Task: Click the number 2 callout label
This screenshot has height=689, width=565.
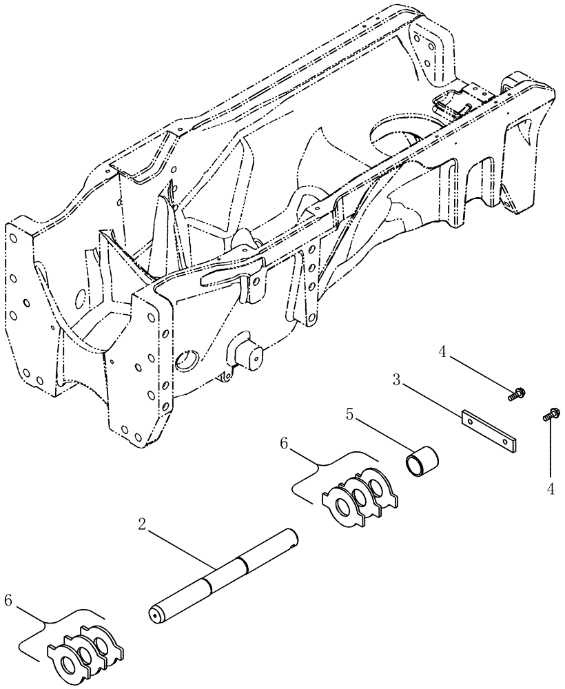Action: (x=141, y=526)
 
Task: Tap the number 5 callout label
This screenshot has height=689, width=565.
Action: (x=349, y=415)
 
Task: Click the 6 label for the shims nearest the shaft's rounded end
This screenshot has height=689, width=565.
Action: (x=8, y=601)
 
